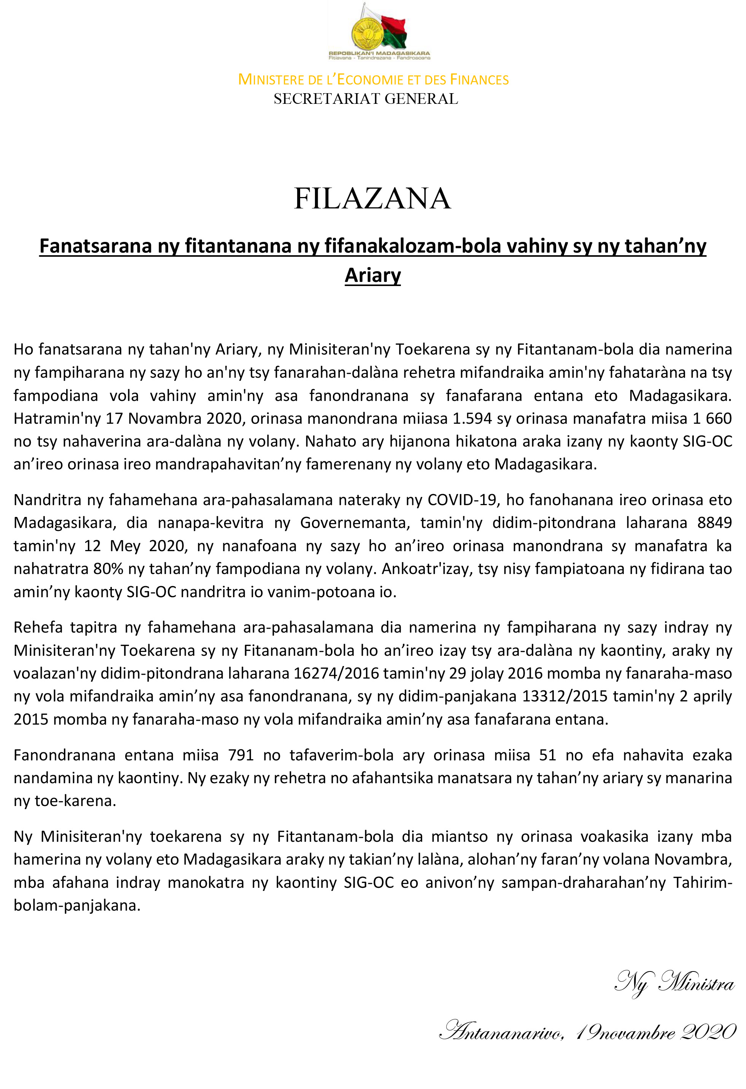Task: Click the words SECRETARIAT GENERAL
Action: click(366, 99)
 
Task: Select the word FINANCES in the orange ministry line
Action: click(479, 79)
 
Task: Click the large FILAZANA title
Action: click(372, 198)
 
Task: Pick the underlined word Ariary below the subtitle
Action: click(372, 275)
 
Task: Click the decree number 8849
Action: click(714, 523)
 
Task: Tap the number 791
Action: click(241, 755)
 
